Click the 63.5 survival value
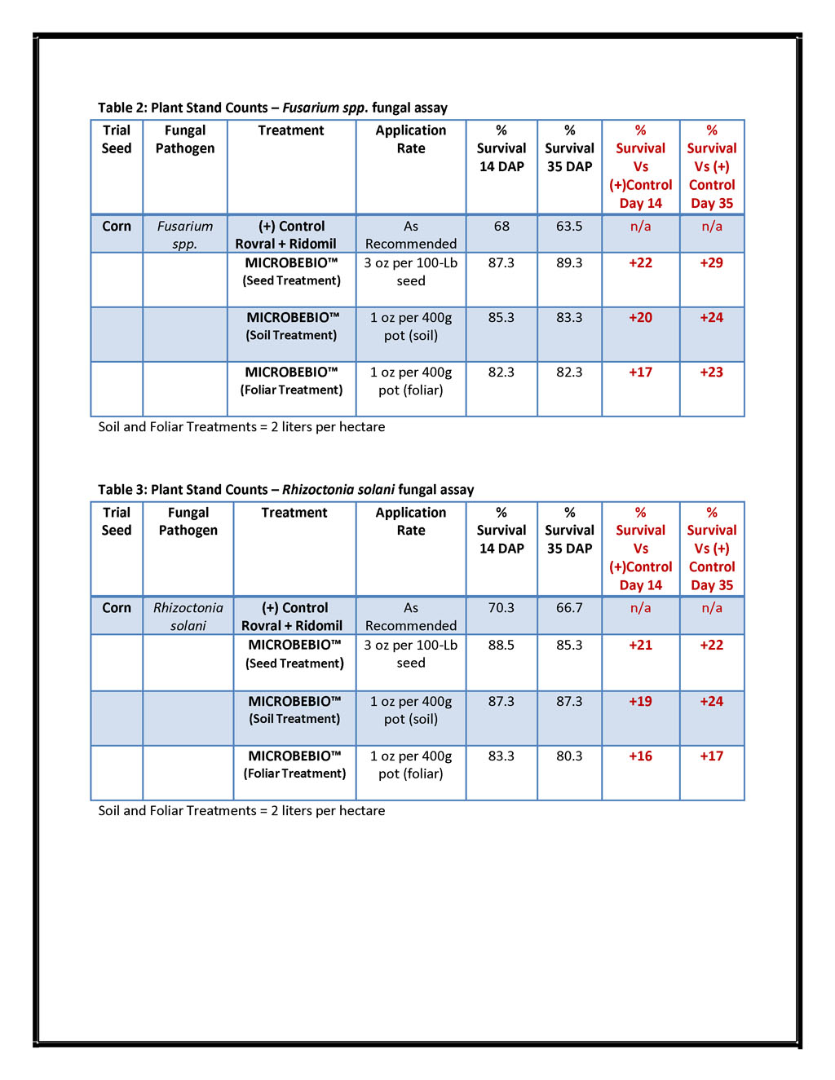569,226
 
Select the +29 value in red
711,262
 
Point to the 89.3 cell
569,262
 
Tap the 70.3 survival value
501,607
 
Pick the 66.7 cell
569,607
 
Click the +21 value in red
640,645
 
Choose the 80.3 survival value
569,756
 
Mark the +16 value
640,756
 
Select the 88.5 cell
501,645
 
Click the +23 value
711,372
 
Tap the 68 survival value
501,226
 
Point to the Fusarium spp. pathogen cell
185,235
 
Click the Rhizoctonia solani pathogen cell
188,616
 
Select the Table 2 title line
272,108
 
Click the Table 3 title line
285,489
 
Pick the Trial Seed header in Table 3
117,521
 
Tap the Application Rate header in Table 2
411,139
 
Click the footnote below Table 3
241,810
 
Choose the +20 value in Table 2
640,317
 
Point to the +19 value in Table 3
640,701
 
